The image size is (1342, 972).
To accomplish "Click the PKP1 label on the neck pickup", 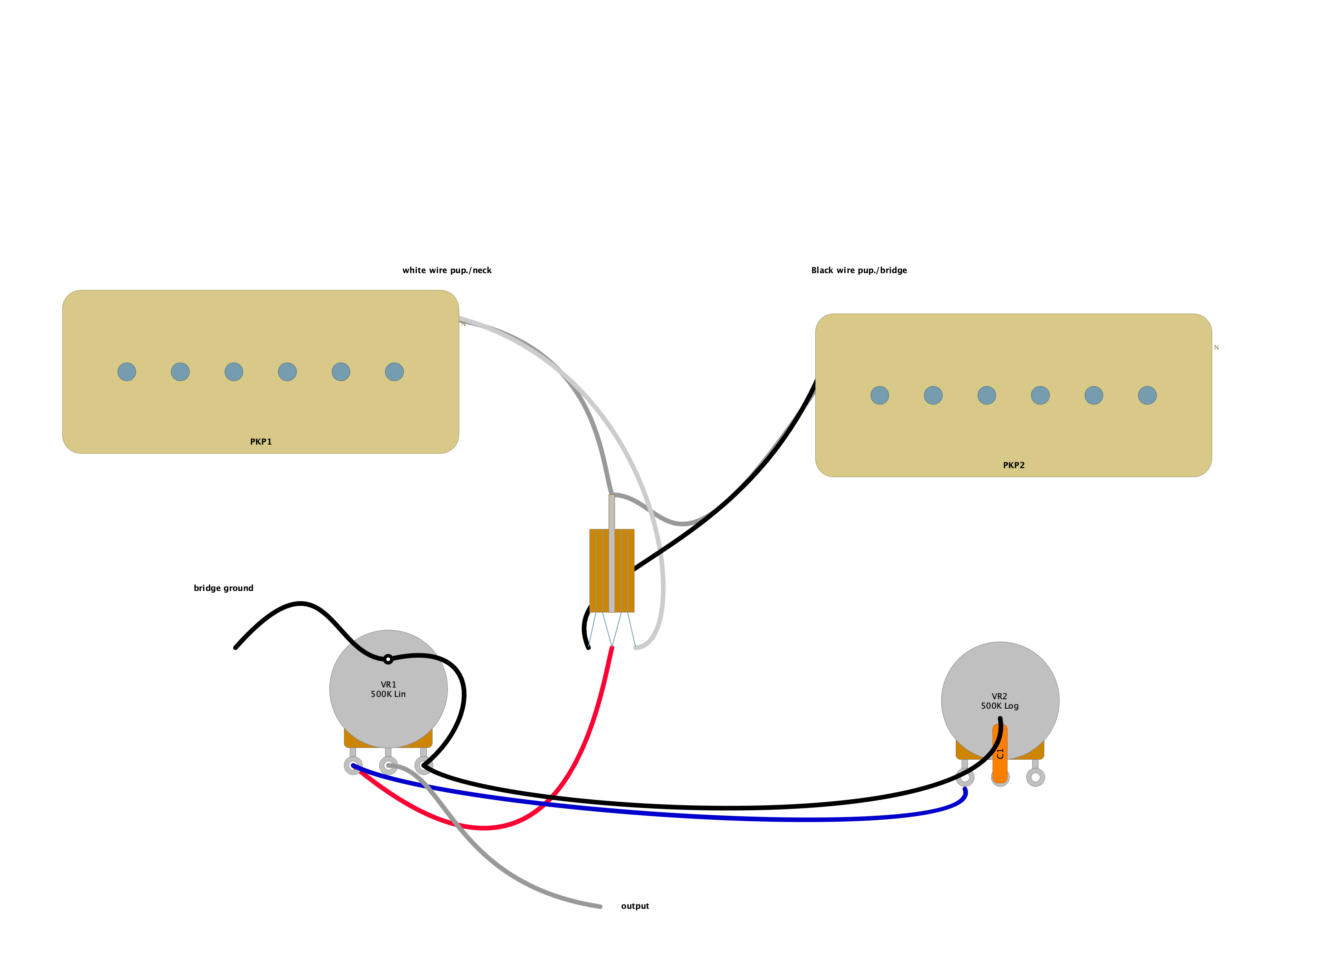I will click(x=261, y=441).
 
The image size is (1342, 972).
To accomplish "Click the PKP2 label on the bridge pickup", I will click(x=1014, y=465).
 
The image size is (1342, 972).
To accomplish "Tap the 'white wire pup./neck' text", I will click(x=447, y=270).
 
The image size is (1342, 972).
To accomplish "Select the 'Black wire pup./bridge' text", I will click(x=858, y=270).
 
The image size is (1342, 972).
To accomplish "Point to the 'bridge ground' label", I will click(x=223, y=588).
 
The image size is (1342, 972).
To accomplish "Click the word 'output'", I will click(x=635, y=906).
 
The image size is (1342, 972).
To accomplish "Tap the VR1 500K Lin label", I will click(x=388, y=689).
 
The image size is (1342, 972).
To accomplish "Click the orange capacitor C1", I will click(x=1000, y=755).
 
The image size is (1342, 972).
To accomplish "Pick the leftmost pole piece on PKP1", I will click(x=127, y=372).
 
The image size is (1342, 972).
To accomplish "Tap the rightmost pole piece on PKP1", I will click(x=394, y=372).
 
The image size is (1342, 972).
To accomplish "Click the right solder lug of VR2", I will click(x=1035, y=777).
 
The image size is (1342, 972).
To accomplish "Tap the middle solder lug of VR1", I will click(x=388, y=766).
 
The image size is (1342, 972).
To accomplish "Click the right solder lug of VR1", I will click(x=424, y=766).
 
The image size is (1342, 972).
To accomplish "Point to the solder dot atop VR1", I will click(x=388, y=659).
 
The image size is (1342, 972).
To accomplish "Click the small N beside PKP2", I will click(x=1217, y=348).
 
